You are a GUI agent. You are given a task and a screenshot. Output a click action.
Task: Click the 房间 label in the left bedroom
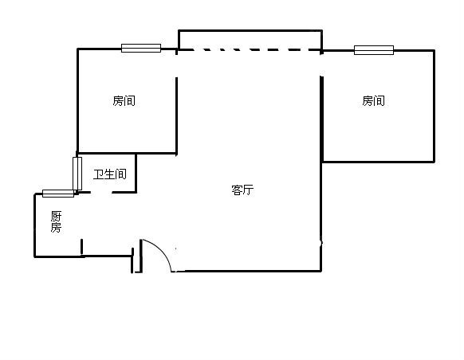[x=124, y=101]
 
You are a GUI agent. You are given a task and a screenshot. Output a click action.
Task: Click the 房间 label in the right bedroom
[x=374, y=101]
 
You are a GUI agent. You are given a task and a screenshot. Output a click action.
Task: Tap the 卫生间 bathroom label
[x=110, y=174]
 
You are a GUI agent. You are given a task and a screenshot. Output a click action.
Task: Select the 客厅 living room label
[x=242, y=190]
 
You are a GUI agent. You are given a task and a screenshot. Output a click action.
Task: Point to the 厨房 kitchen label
[x=56, y=221]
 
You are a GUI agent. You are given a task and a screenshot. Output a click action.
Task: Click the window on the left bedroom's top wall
[x=141, y=48]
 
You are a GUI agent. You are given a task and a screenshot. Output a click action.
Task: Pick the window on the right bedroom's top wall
[x=374, y=50]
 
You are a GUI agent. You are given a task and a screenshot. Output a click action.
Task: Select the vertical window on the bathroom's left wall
[x=77, y=174]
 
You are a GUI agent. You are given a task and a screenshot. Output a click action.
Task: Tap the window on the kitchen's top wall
[x=58, y=194]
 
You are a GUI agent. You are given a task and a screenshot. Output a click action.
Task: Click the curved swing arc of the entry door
[x=162, y=251]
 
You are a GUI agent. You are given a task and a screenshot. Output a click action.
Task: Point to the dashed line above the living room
[x=250, y=49]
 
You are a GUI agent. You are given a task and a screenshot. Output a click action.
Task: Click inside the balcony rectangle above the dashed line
[x=250, y=40]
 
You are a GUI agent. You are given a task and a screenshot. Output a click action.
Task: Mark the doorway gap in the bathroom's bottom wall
[x=101, y=193]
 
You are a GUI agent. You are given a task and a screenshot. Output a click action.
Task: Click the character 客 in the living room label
[x=237, y=190]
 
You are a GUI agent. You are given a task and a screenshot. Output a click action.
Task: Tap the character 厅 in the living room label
[x=249, y=190]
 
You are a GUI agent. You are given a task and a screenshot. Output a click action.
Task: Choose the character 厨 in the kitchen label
[x=56, y=216]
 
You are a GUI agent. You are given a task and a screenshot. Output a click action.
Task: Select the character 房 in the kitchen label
[x=56, y=227]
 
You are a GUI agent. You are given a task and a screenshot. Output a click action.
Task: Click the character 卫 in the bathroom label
[x=99, y=174]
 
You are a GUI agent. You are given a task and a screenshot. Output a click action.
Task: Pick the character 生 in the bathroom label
[x=110, y=174]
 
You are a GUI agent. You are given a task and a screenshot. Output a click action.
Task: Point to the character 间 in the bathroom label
[x=121, y=174]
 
